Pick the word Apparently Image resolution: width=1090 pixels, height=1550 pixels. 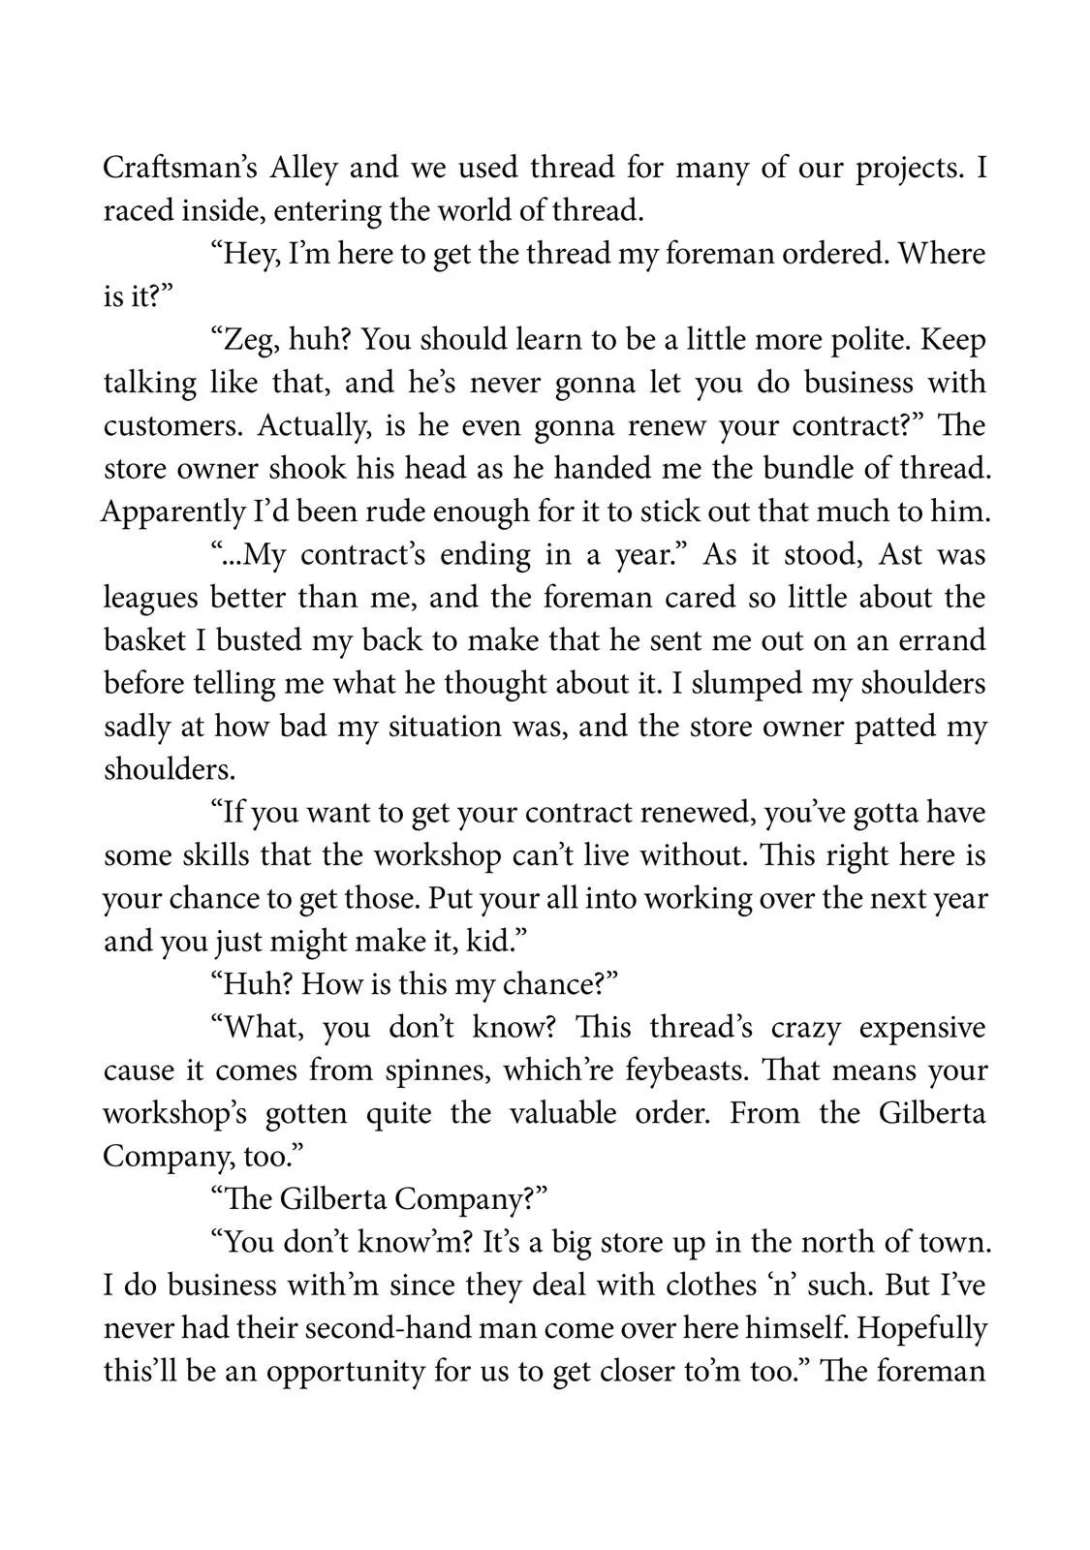coord(175,511)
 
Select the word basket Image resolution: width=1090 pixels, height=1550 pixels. coord(147,640)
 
